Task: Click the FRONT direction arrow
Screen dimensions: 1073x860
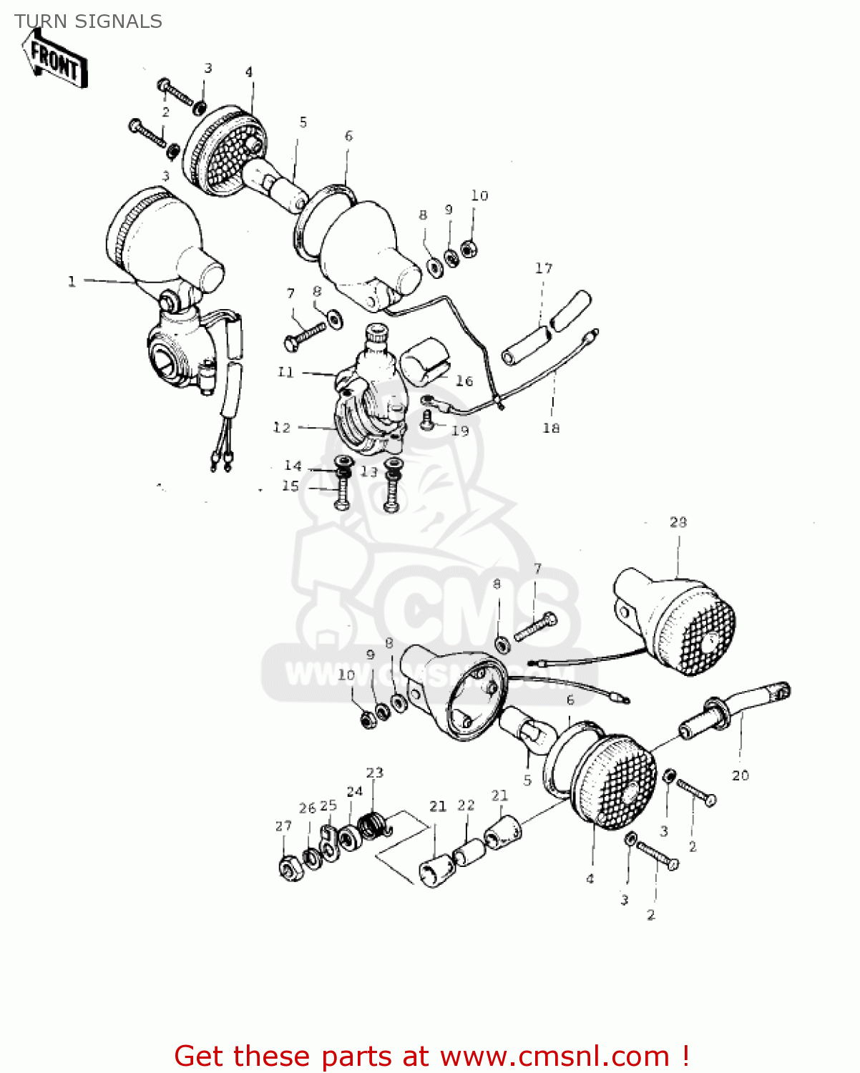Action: point(56,62)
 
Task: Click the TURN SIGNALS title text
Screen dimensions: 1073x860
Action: point(88,21)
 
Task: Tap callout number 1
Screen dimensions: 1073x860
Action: point(72,281)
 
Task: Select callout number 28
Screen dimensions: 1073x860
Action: point(678,522)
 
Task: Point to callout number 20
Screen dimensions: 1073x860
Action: point(740,775)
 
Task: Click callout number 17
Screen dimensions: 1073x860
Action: point(544,268)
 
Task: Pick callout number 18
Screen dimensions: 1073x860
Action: point(550,428)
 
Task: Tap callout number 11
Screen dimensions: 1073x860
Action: point(285,372)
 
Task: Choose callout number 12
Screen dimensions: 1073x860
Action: point(282,427)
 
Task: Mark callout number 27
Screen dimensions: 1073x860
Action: point(283,825)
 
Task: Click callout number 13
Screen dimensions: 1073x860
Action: point(368,471)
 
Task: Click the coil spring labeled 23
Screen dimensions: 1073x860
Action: point(372,826)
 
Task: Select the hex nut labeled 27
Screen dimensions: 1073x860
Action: point(290,868)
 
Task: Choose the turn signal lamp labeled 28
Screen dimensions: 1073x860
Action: point(676,620)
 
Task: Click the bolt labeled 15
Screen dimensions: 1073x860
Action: point(343,494)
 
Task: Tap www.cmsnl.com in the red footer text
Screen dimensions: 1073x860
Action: point(554,1056)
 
